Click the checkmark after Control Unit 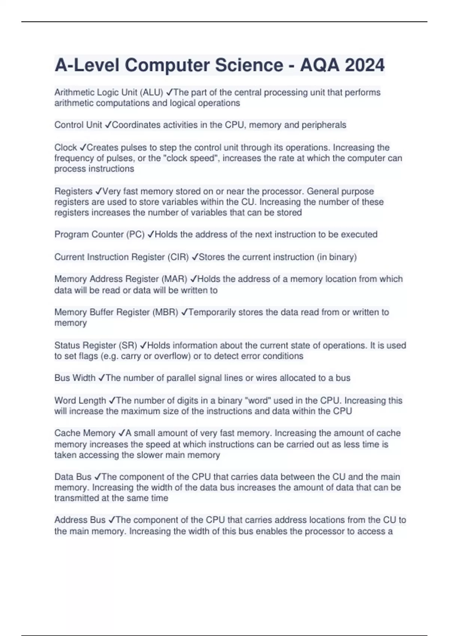(107, 125)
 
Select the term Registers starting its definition (73, 192)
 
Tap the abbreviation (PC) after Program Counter (135, 235)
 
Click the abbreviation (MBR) (165, 312)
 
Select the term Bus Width (75, 378)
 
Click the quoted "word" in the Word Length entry (257, 401)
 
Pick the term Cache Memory (85, 433)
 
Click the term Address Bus (80, 520)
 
